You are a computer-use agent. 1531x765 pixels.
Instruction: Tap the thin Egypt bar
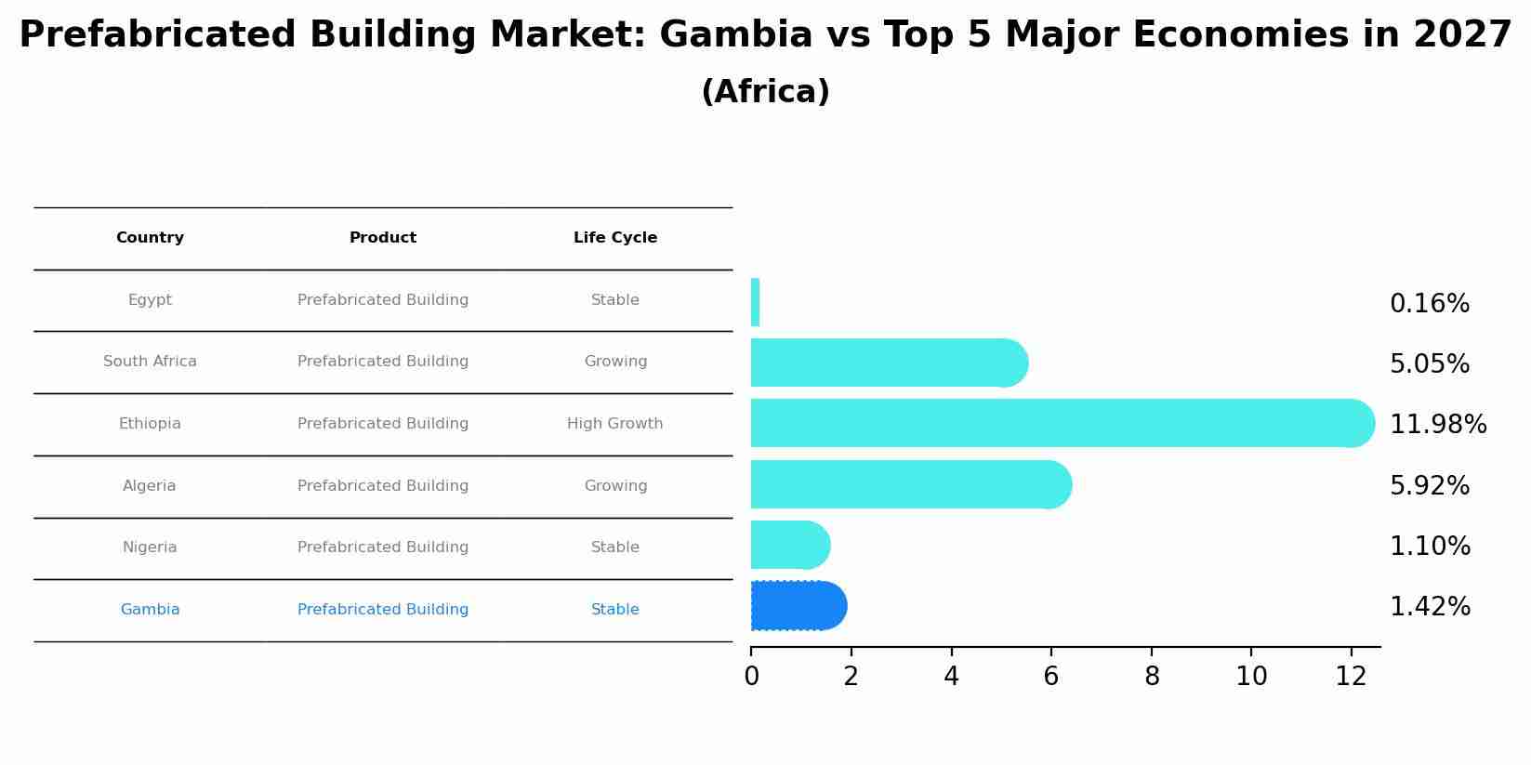[755, 302]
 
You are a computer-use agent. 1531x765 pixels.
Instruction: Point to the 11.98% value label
[1437, 425]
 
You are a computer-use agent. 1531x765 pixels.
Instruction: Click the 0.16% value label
[1429, 304]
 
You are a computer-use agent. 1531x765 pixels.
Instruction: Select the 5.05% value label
[1429, 364]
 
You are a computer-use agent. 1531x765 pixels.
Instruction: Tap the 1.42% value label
[1429, 607]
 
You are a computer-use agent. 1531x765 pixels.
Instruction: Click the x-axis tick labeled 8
[1152, 677]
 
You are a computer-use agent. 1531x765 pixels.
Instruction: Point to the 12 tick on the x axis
[1351, 677]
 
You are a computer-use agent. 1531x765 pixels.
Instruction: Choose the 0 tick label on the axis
[751, 677]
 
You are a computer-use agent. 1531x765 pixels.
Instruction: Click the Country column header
[150, 238]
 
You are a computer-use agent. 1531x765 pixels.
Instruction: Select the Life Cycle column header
[614, 238]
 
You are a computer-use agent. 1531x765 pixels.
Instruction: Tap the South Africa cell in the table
[150, 362]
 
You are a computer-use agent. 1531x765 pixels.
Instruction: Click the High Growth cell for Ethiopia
[614, 424]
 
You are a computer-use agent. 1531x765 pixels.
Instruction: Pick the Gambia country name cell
[150, 610]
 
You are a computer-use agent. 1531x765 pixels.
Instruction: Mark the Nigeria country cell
[150, 547]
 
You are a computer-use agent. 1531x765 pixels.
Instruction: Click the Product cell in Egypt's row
[382, 300]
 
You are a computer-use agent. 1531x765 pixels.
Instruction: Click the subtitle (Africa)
[765, 92]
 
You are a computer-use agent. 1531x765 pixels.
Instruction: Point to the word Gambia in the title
[735, 35]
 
